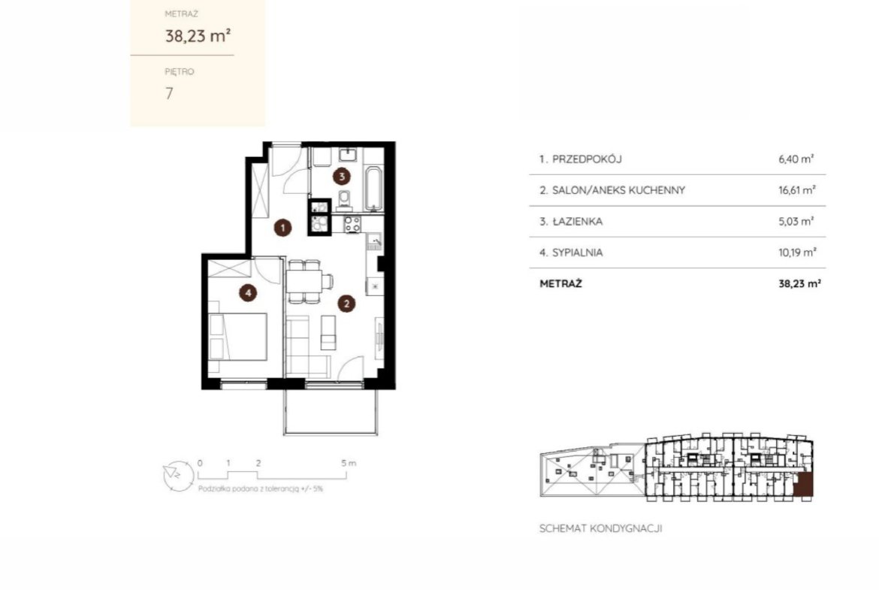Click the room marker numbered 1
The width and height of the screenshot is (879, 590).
pyautogui.click(x=282, y=227)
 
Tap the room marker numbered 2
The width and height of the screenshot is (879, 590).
pyautogui.click(x=346, y=304)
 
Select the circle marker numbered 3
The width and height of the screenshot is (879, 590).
pyautogui.click(x=341, y=176)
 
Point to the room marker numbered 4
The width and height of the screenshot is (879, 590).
pyautogui.click(x=248, y=292)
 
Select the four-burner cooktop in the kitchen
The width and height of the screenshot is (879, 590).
pyautogui.click(x=352, y=224)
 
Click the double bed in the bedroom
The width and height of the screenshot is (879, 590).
pyautogui.click(x=237, y=336)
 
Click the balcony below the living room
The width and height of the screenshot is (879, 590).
pyautogui.click(x=331, y=412)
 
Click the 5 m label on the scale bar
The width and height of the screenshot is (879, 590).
pyautogui.click(x=348, y=463)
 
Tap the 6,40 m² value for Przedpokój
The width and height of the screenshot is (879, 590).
pyautogui.click(x=796, y=159)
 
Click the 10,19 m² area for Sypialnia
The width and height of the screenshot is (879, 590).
pyautogui.click(x=797, y=252)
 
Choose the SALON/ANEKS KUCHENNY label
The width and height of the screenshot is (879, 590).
pyautogui.click(x=618, y=190)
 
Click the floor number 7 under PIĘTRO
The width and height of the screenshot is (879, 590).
pyautogui.click(x=169, y=93)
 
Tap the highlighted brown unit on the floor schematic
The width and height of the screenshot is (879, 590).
pyautogui.click(x=803, y=486)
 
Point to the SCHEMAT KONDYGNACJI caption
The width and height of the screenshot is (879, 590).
pyautogui.click(x=600, y=528)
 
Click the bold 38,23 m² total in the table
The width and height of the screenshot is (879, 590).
pyautogui.click(x=800, y=283)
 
